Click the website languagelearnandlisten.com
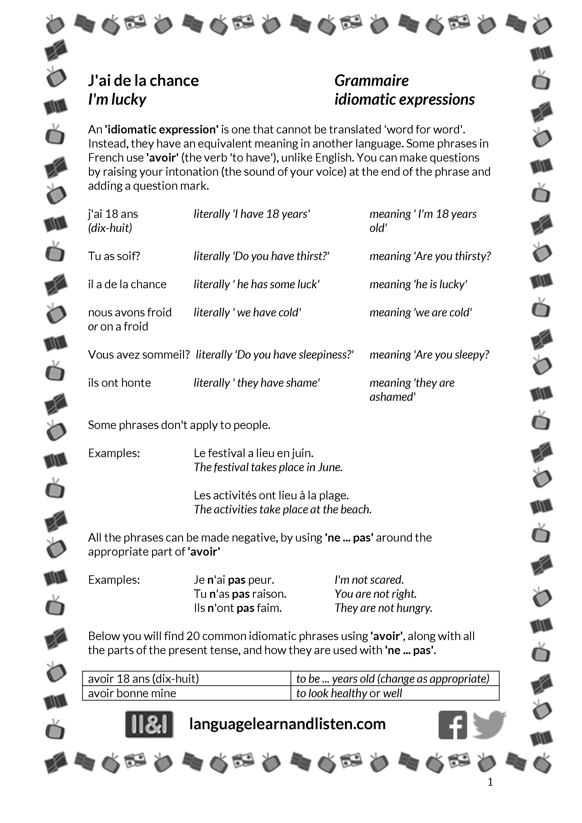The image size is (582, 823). coord(287,724)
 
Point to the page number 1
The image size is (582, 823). coord(490,782)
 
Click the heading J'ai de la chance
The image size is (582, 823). coord(143,81)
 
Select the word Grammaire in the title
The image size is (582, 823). coord(371,81)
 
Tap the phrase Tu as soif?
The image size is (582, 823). coord(114,256)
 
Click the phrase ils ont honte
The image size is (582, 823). coord(119,383)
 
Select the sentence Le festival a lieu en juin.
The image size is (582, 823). coord(253,453)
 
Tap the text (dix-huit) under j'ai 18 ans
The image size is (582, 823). coord(110,228)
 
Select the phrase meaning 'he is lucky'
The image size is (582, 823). coord(418,284)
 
